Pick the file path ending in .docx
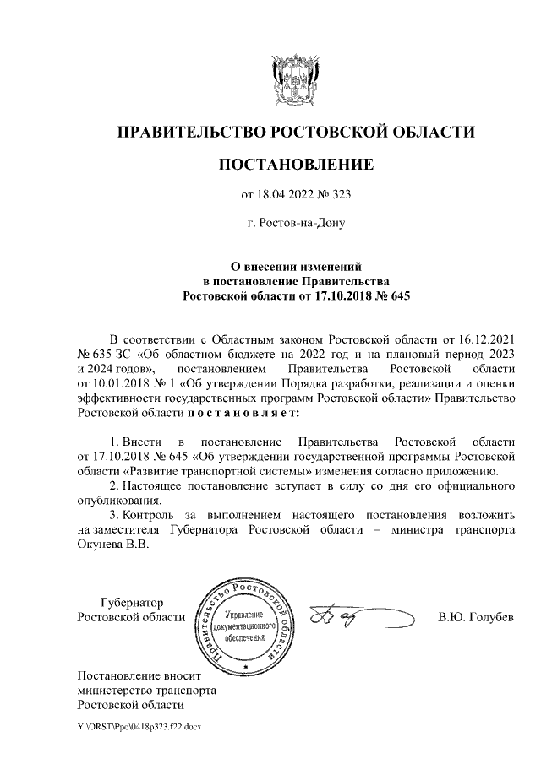click(139, 726)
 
